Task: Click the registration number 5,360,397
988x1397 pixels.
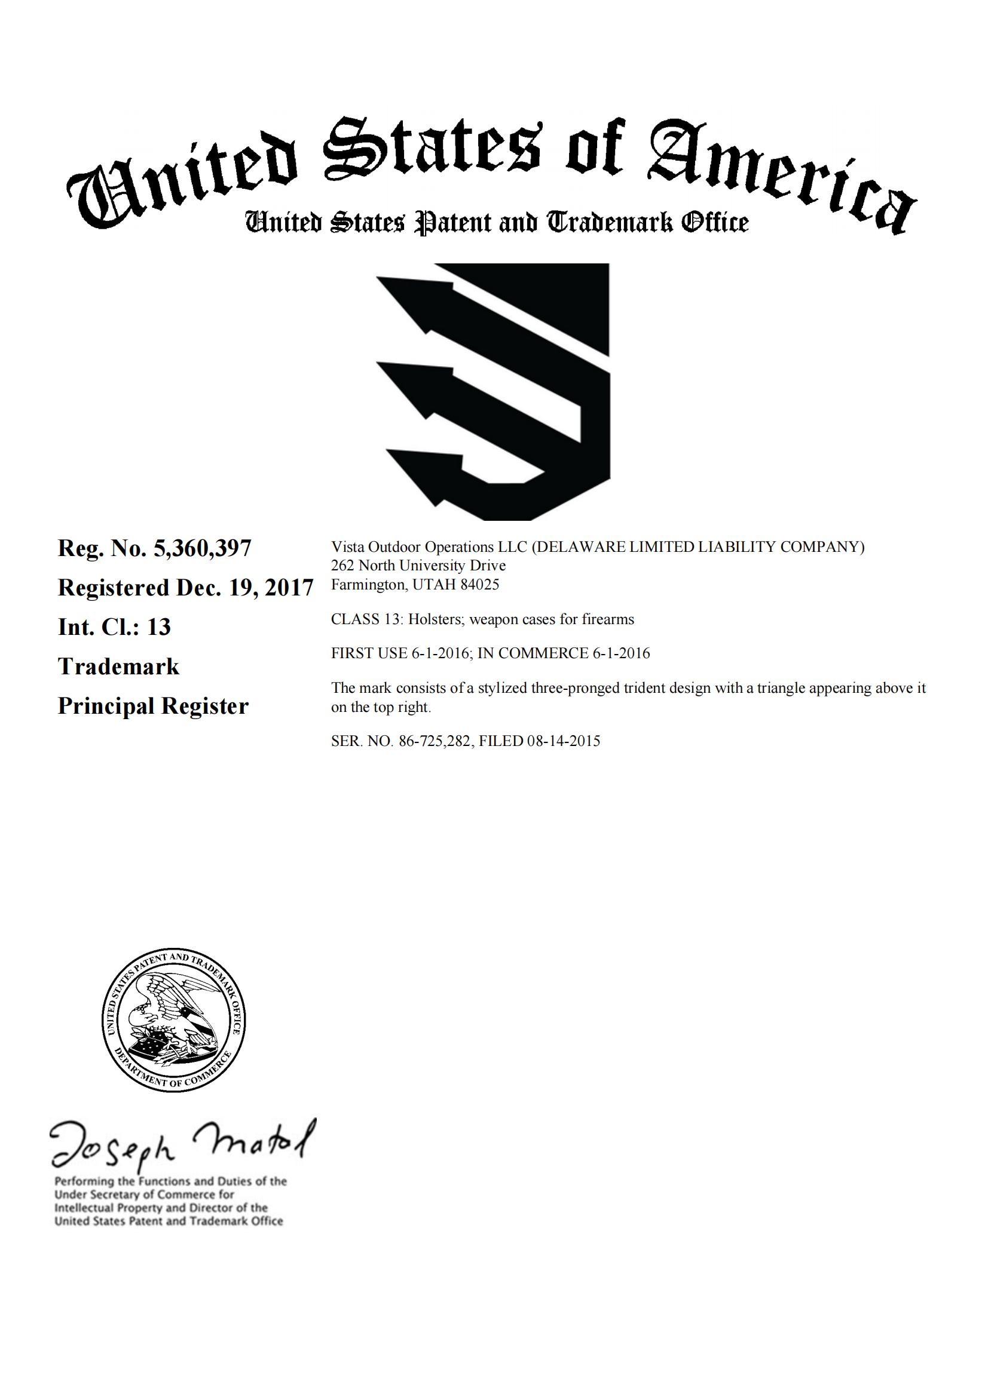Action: point(202,549)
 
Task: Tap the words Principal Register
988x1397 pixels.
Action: point(153,707)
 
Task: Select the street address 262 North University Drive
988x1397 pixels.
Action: point(418,566)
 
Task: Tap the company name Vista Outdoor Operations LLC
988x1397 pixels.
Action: point(429,547)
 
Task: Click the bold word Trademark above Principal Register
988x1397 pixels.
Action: point(119,667)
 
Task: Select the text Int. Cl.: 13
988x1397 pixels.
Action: point(114,627)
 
